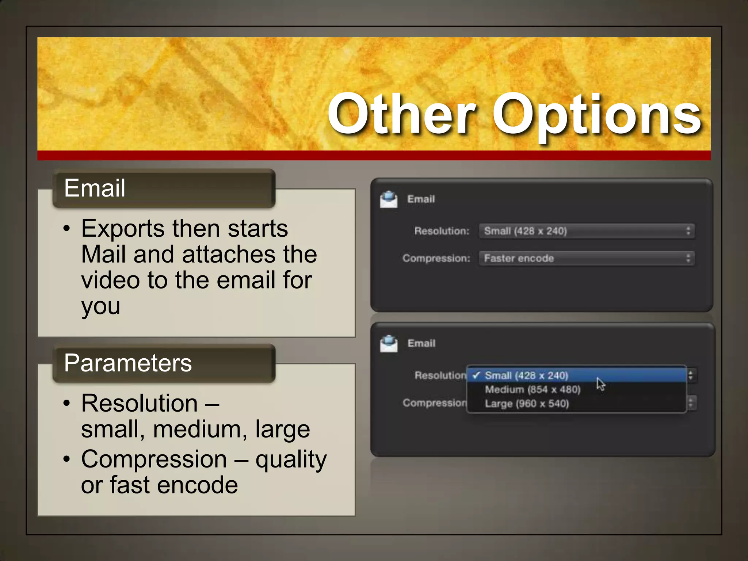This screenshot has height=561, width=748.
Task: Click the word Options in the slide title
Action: (x=597, y=116)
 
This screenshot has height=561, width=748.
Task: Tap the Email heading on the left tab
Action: (x=95, y=188)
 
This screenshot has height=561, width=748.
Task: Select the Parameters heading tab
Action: (x=128, y=363)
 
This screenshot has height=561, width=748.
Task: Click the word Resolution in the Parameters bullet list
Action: (x=140, y=404)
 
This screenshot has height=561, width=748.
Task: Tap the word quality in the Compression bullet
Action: (x=291, y=460)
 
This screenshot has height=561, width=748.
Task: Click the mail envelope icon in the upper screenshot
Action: (x=389, y=199)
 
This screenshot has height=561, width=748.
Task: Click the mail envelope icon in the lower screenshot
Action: (x=389, y=344)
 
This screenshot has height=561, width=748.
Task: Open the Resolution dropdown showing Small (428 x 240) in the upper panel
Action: (x=586, y=231)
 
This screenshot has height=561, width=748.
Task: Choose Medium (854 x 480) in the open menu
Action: (x=533, y=390)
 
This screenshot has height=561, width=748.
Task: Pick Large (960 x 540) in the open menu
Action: (x=527, y=404)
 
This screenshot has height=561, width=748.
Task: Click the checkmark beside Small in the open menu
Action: (x=476, y=375)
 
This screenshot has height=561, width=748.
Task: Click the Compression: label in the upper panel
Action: (x=436, y=259)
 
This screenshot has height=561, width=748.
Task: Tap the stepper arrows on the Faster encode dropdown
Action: (x=688, y=259)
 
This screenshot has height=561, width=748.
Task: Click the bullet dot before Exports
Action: (x=66, y=229)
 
